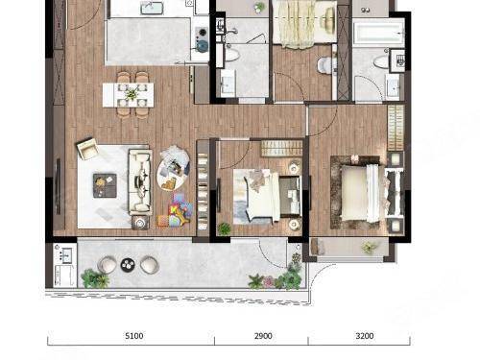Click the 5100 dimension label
pyautogui.click(x=134, y=336)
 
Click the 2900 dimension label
pyautogui.click(x=263, y=336)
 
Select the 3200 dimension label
pyautogui.click(x=365, y=336)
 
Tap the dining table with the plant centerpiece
pyautogui.click(x=129, y=95)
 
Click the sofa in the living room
pyautogui.click(x=140, y=181)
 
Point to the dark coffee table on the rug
pyautogui.click(x=105, y=185)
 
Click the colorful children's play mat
pyautogui.click(x=176, y=210)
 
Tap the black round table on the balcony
pyautogui.click(x=128, y=265)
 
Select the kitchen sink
pyautogui.click(x=152, y=8)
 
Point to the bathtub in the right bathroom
pyautogui.click(x=378, y=32)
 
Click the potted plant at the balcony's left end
pyautogui.click(x=95, y=278)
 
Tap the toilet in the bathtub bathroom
pyautogui.click(x=381, y=61)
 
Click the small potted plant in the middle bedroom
pyautogui.click(x=224, y=228)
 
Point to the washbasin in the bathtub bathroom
pyautogui.click(x=393, y=85)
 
